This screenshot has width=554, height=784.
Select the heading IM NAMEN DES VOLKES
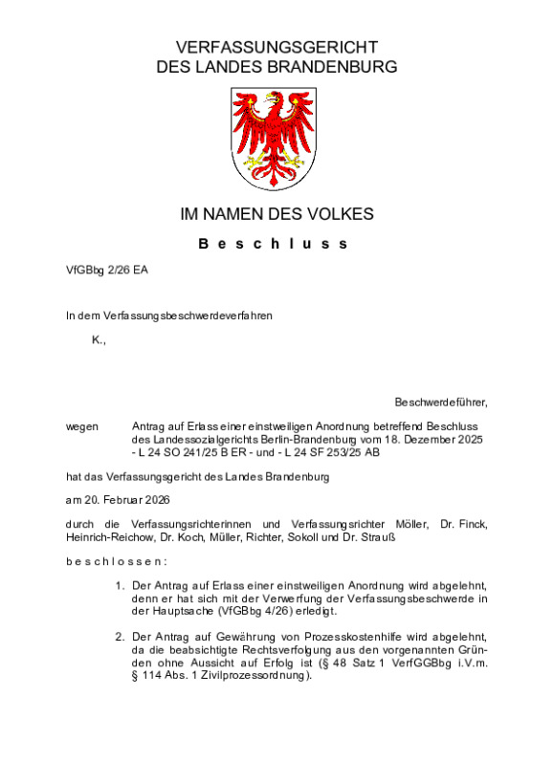coord(277,214)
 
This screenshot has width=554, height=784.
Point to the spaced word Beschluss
coord(274,244)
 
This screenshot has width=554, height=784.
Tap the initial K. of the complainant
coord(98,341)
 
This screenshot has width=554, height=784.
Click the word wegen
coord(81,425)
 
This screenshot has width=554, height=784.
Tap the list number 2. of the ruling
coord(120,636)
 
